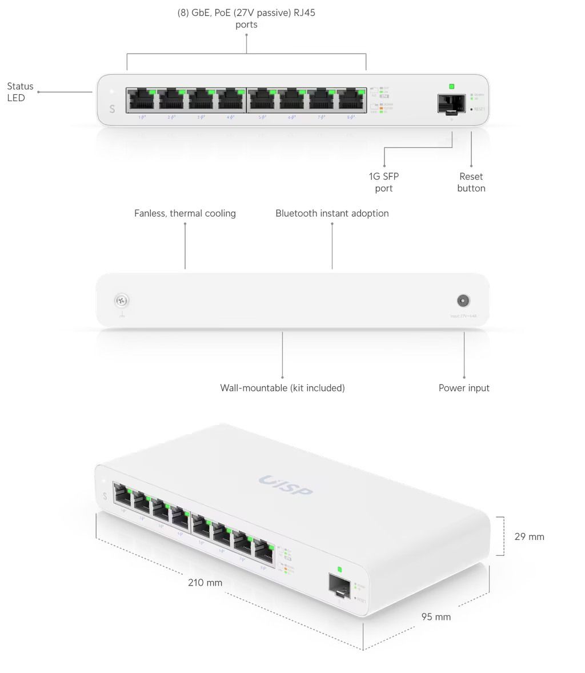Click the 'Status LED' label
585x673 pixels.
[20, 92]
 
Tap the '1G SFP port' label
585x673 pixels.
[384, 182]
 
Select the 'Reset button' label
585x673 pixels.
[471, 182]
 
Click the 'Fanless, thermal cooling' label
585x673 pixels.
[185, 213]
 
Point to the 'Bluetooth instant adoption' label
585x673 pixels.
[332, 213]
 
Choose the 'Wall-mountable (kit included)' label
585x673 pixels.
[282, 388]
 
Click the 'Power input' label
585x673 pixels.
[464, 388]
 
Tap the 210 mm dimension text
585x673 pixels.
[205, 583]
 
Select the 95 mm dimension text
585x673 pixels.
[436, 616]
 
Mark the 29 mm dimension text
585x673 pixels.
[529, 536]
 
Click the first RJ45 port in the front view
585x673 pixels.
[142, 100]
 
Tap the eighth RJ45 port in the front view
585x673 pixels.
[351, 100]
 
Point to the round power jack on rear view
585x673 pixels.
[463, 301]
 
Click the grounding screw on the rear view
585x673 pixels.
[122, 300]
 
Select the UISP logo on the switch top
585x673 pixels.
[286, 486]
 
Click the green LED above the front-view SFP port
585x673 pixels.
[452, 86]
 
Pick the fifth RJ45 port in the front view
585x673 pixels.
[262, 100]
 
